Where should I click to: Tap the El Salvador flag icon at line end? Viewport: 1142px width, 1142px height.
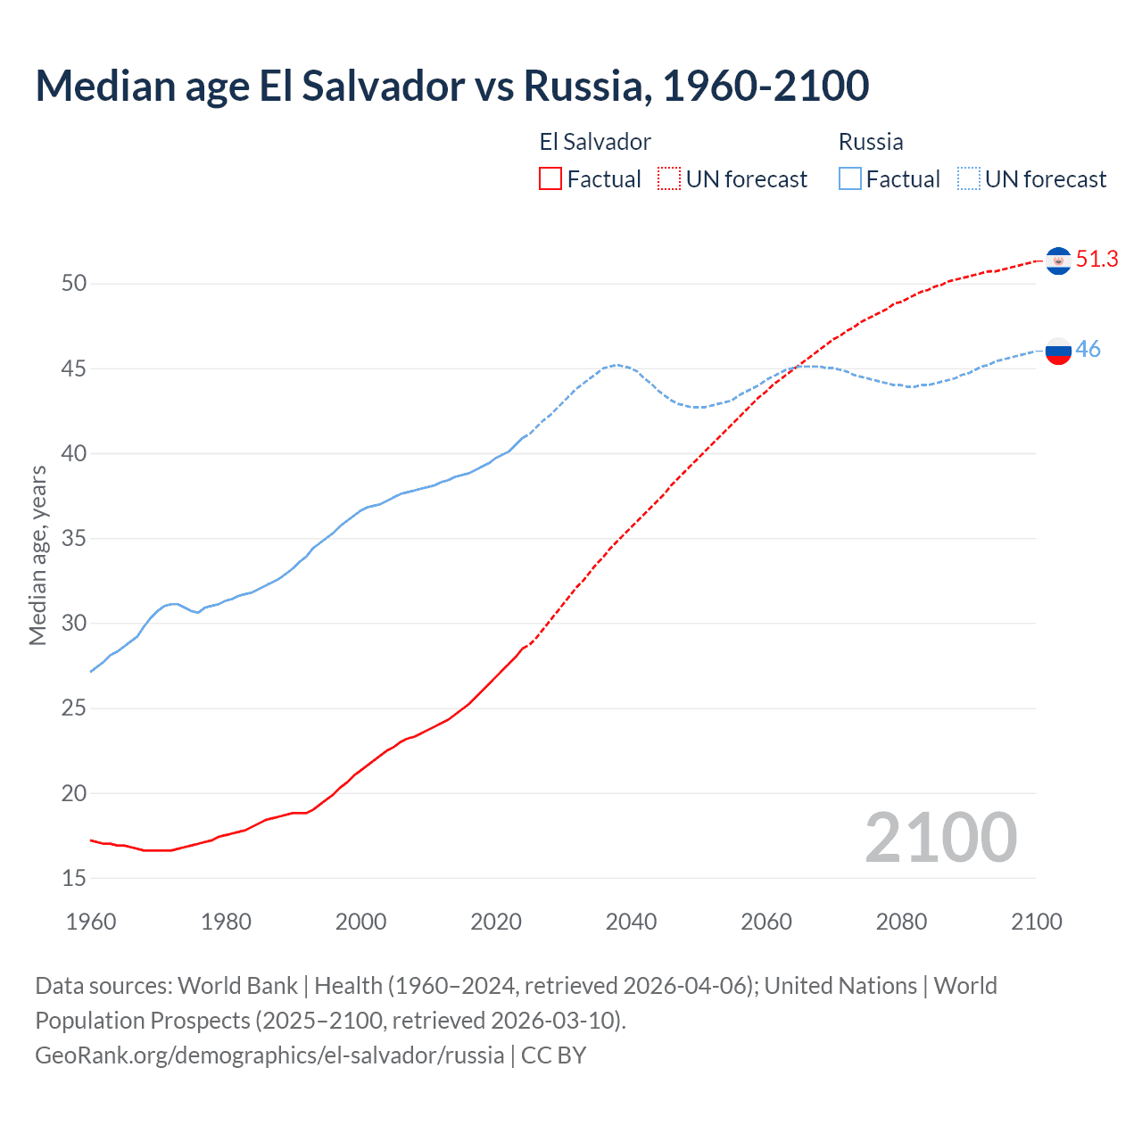pos(1058,261)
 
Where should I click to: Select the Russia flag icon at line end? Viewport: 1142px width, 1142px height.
pos(1058,351)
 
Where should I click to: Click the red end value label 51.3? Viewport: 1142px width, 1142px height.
pos(1096,260)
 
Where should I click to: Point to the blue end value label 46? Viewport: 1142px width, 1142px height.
pos(1088,350)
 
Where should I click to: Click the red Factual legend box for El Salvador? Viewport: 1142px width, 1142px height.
pos(550,179)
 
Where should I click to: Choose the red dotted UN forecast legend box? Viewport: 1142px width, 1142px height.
pos(669,179)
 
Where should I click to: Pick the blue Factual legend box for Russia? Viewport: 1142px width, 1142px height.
pos(850,179)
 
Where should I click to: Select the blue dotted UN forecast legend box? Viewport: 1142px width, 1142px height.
pos(968,179)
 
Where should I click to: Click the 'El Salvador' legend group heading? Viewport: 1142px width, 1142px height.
pos(595,142)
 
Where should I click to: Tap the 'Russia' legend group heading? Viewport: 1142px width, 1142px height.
pos(871,142)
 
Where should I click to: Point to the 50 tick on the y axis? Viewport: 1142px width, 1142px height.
pos(74,284)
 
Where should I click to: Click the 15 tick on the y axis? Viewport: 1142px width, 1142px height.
pos(74,878)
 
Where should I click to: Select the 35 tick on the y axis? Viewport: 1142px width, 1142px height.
pos(74,539)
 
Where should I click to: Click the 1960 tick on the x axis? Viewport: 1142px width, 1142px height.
pos(91,922)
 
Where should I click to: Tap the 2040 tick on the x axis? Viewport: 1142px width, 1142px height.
pos(631,922)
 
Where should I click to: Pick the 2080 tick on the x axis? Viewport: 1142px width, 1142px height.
pos(901,922)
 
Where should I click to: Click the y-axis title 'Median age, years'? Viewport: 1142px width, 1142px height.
pos(37,555)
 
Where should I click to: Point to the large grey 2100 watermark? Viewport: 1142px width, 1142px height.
pos(940,837)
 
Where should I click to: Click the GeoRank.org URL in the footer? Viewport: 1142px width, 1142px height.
pos(269,1055)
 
